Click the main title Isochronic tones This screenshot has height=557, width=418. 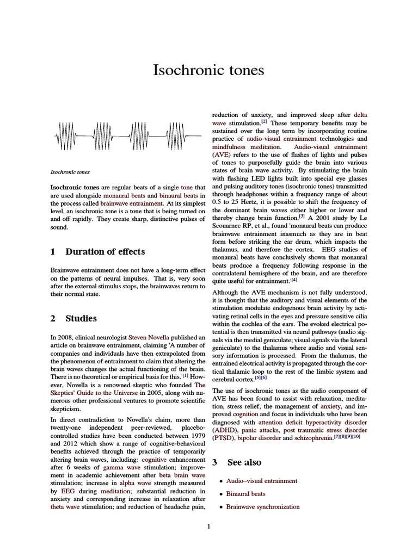click(x=209, y=70)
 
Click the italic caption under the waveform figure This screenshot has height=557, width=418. click(x=70, y=172)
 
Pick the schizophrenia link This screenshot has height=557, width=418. click(x=310, y=438)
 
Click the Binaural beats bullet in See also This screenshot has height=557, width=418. click(x=246, y=494)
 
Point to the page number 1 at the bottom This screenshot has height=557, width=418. click(x=209, y=526)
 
